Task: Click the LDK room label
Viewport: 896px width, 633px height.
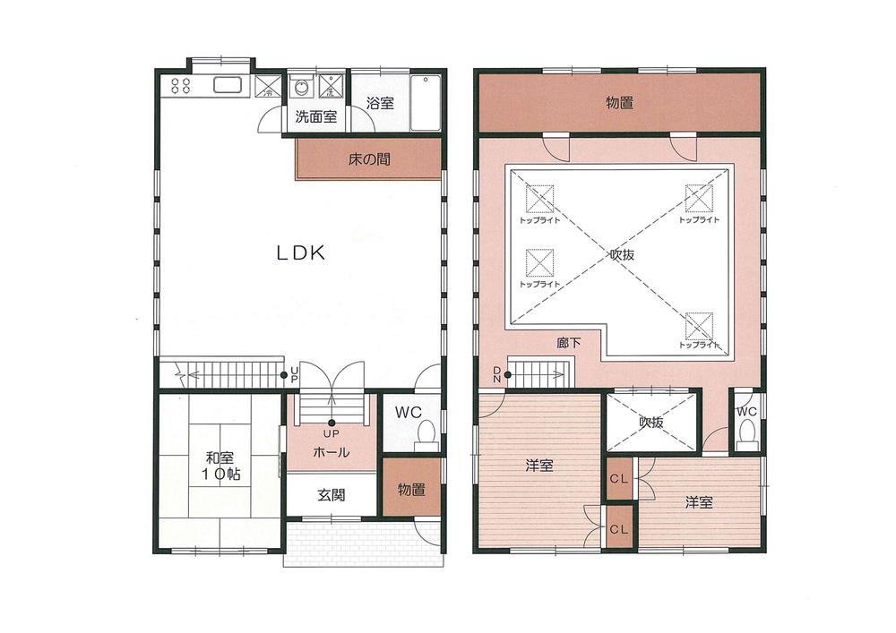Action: tap(298, 253)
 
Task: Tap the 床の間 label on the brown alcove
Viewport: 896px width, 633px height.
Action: tap(368, 160)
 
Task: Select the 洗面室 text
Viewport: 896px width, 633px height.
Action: tap(315, 116)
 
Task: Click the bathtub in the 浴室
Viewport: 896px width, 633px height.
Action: tap(425, 101)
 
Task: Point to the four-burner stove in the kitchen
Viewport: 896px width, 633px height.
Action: tap(180, 86)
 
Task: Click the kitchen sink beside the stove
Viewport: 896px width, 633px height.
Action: tap(228, 86)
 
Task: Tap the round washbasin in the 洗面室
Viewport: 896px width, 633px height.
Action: tap(302, 88)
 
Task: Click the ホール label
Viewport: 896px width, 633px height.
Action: tap(331, 453)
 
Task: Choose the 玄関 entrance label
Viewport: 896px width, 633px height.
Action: tap(331, 494)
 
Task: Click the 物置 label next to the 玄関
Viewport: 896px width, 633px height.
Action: tap(411, 490)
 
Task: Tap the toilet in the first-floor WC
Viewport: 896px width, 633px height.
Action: tap(426, 432)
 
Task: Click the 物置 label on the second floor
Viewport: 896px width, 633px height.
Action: tap(619, 104)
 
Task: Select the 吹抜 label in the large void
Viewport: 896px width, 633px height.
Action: tap(622, 254)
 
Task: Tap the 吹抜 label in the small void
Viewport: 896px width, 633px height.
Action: tap(650, 423)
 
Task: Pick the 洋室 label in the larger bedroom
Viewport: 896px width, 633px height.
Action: tap(538, 466)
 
